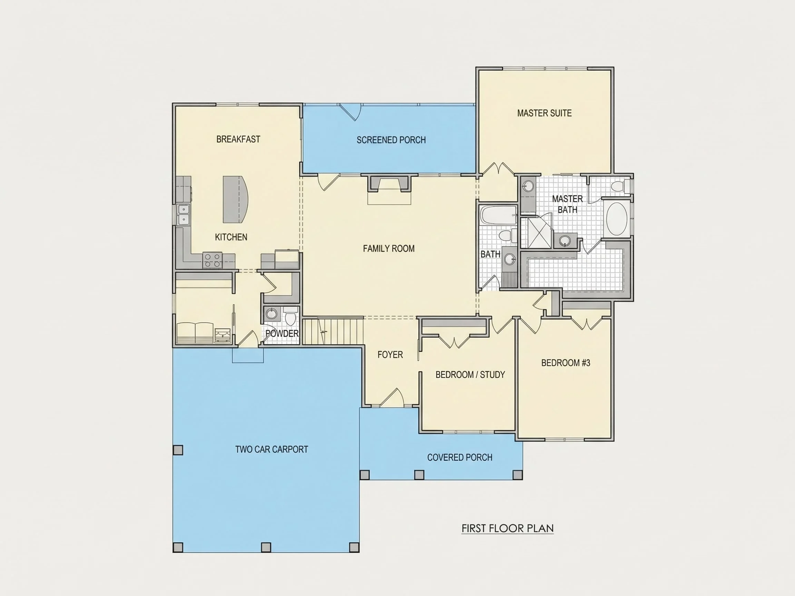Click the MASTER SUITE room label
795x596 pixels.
tap(544, 113)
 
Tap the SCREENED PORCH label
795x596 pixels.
tap(391, 140)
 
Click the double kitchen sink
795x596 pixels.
tap(183, 214)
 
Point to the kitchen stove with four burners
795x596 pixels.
tap(213, 260)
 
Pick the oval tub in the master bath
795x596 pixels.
tap(617, 219)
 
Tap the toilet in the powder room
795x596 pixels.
tap(290, 317)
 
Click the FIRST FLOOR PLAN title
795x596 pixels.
tap(508, 528)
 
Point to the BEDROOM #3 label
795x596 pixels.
tap(566, 363)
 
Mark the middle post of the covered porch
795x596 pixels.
tap(419, 475)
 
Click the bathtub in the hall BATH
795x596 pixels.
tap(499, 215)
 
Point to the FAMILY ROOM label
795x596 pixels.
tap(389, 249)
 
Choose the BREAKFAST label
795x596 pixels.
tap(238, 139)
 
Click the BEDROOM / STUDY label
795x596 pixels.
tap(470, 375)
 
